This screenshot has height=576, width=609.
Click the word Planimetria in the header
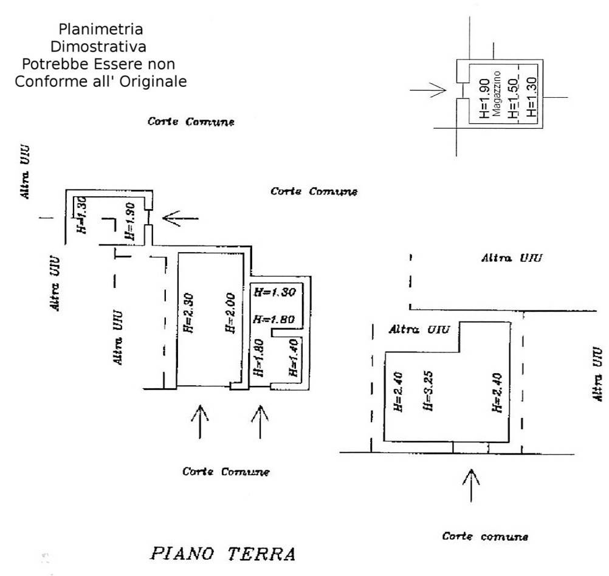pyautogui.click(x=101, y=29)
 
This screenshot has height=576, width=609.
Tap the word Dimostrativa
pyautogui.click(x=101, y=46)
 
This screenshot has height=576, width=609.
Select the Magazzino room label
pyautogui.click(x=497, y=94)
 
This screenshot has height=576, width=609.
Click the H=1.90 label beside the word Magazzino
pyautogui.click(x=484, y=98)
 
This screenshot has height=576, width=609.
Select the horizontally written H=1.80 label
pyautogui.click(x=274, y=319)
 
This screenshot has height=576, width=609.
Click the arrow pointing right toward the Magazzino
pyautogui.click(x=429, y=91)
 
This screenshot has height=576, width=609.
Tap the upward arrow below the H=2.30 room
pyautogui.click(x=200, y=420)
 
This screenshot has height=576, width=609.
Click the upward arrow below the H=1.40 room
pyautogui.click(x=260, y=420)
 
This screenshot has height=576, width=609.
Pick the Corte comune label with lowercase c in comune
pyautogui.click(x=485, y=537)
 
